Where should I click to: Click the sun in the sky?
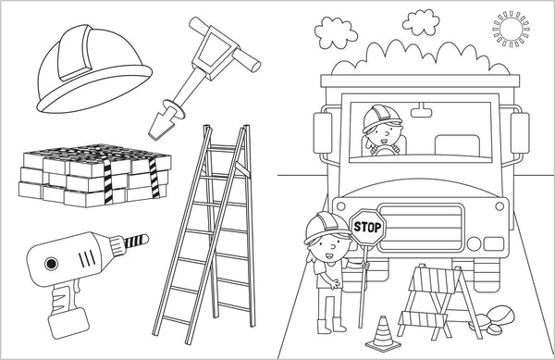(512, 29)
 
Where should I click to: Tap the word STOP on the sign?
(367, 228)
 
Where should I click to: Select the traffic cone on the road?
(383, 334)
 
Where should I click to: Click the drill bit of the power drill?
(136, 241)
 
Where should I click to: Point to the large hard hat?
(94, 69)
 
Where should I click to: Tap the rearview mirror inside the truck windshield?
(421, 112)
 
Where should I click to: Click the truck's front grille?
(421, 228)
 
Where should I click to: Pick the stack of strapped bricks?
(95, 175)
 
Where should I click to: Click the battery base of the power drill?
(68, 323)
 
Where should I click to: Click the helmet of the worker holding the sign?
(327, 227)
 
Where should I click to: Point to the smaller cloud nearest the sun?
(421, 22)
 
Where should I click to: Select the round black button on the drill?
(51, 264)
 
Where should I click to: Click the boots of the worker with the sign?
(331, 326)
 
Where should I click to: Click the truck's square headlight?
(493, 244)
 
